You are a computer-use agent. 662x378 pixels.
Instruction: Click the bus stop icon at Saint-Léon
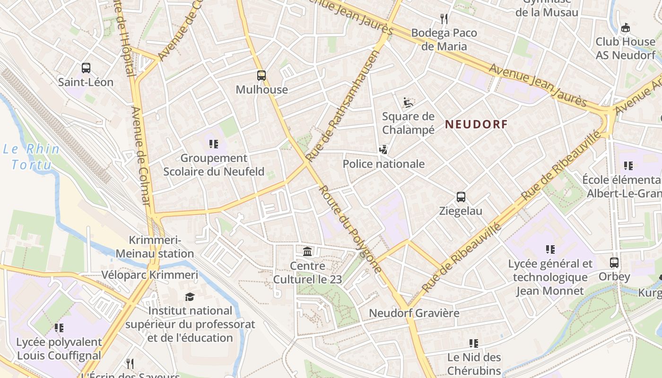pyautogui.click(x=86, y=68)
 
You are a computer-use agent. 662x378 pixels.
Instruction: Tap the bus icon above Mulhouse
pyautogui.click(x=261, y=75)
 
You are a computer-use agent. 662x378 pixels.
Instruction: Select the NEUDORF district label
pyautogui.click(x=476, y=125)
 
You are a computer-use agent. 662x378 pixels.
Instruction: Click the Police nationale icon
pyautogui.click(x=383, y=150)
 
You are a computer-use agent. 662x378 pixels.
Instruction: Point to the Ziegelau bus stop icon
pyautogui.click(x=461, y=197)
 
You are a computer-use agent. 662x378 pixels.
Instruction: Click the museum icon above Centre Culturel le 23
pyautogui.click(x=307, y=251)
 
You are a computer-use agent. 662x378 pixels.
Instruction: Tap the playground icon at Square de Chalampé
pyautogui.click(x=408, y=102)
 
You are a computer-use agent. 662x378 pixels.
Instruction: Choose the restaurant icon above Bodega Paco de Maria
pyautogui.click(x=444, y=19)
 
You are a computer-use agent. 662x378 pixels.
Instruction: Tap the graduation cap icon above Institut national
pyautogui.click(x=190, y=297)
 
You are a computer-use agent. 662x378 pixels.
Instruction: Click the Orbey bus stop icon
pyautogui.click(x=614, y=262)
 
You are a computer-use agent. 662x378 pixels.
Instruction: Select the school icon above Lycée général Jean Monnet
pyautogui.click(x=550, y=249)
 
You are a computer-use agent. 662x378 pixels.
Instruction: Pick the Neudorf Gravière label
pyautogui.click(x=414, y=313)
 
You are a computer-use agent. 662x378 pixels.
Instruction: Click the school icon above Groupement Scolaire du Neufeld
pyautogui.click(x=213, y=144)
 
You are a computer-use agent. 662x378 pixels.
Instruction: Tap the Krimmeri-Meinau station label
pyautogui.click(x=155, y=247)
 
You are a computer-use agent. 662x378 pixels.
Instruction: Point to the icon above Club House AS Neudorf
pyautogui.click(x=625, y=28)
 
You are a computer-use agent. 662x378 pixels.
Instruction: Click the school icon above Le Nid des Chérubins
pyautogui.click(x=474, y=344)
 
